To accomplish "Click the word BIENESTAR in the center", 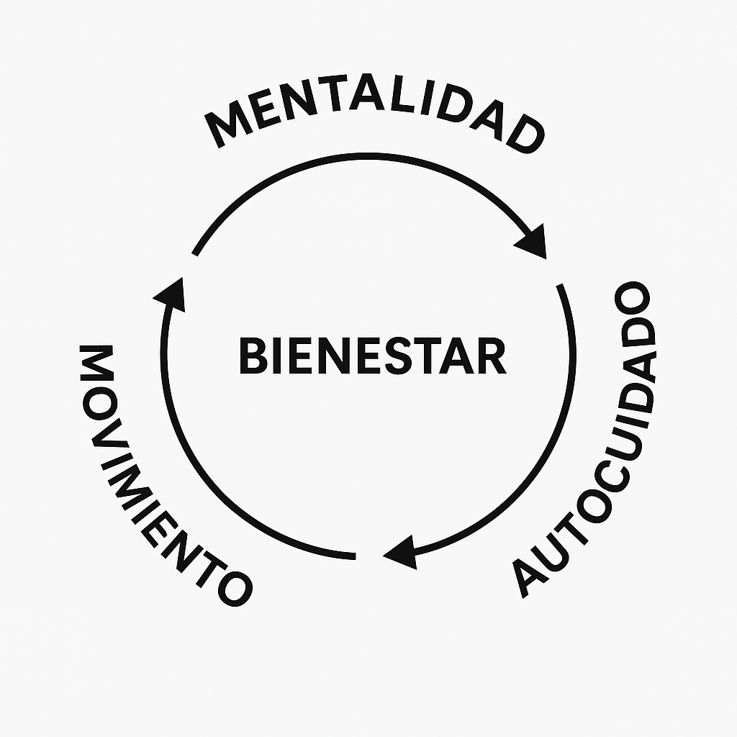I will click(x=372, y=356).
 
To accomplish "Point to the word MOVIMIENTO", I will click(x=145, y=475).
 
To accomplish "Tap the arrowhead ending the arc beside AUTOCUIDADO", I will click(x=400, y=553).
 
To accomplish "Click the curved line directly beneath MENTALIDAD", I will click(x=360, y=156).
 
